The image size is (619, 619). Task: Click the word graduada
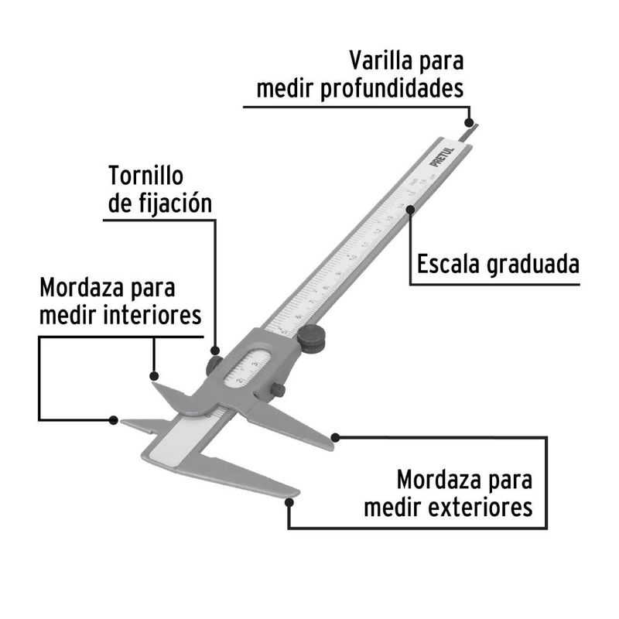click(533, 265)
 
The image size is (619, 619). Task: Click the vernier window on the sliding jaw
click(248, 367)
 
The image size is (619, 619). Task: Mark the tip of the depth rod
click(474, 126)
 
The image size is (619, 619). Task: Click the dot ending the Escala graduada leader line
click(410, 207)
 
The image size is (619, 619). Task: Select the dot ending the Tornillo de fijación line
click(214, 351)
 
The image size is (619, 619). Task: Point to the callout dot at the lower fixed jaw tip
click(289, 501)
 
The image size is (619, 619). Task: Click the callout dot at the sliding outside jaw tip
click(334, 438)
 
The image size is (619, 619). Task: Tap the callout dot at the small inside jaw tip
click(114, 420)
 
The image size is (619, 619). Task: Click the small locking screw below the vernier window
click(278, 391)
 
